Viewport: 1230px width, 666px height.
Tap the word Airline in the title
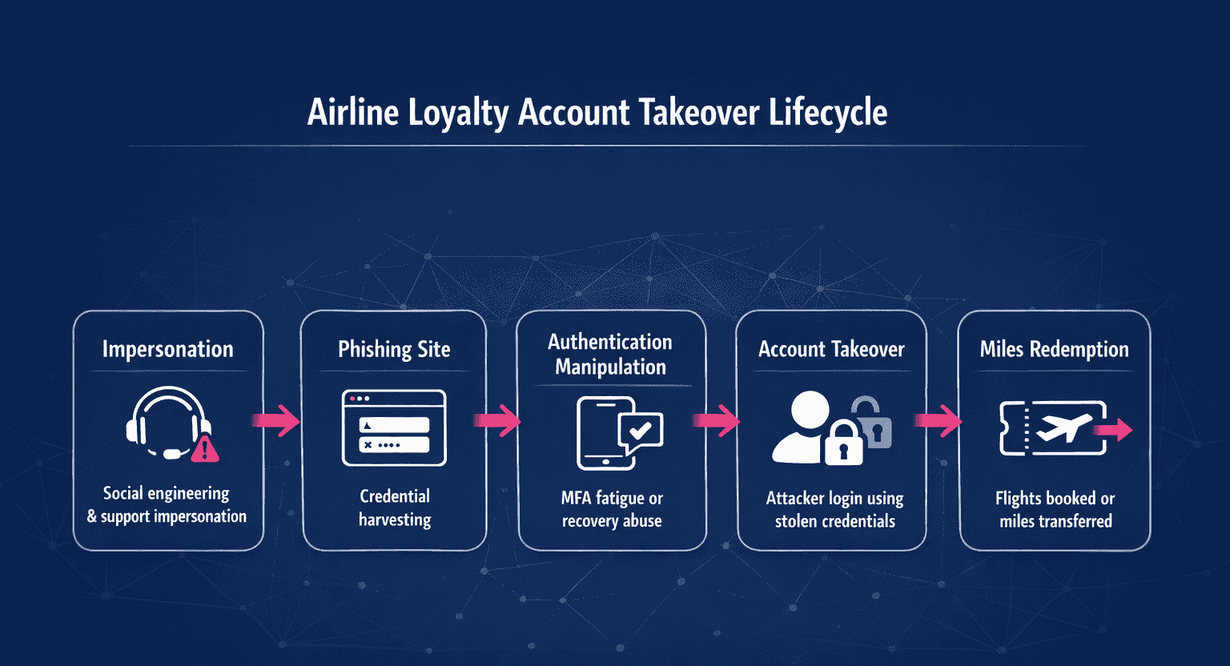[353, 112]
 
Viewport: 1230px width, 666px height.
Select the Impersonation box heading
[167, 349]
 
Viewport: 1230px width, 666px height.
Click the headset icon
[167, 423]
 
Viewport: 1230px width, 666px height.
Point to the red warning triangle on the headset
[205, 449]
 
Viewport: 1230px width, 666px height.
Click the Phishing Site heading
[394, 349]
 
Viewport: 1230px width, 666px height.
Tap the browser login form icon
[394, 427]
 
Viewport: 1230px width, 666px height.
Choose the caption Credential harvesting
[395, 508]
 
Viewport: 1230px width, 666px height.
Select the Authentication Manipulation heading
[610, 354]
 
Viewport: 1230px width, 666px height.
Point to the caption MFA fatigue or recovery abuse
[612, 509]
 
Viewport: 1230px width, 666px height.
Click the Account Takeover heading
[831, 349]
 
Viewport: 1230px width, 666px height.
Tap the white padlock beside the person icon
[842, 443]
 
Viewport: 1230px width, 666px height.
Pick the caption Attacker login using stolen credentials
[834, 509]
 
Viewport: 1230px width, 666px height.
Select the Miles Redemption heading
[1054, 349]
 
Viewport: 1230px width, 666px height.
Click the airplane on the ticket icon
[1064, 428]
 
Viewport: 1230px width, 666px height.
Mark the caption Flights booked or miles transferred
[1055, 509]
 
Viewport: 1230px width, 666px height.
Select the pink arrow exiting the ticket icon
[1115, 431]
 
